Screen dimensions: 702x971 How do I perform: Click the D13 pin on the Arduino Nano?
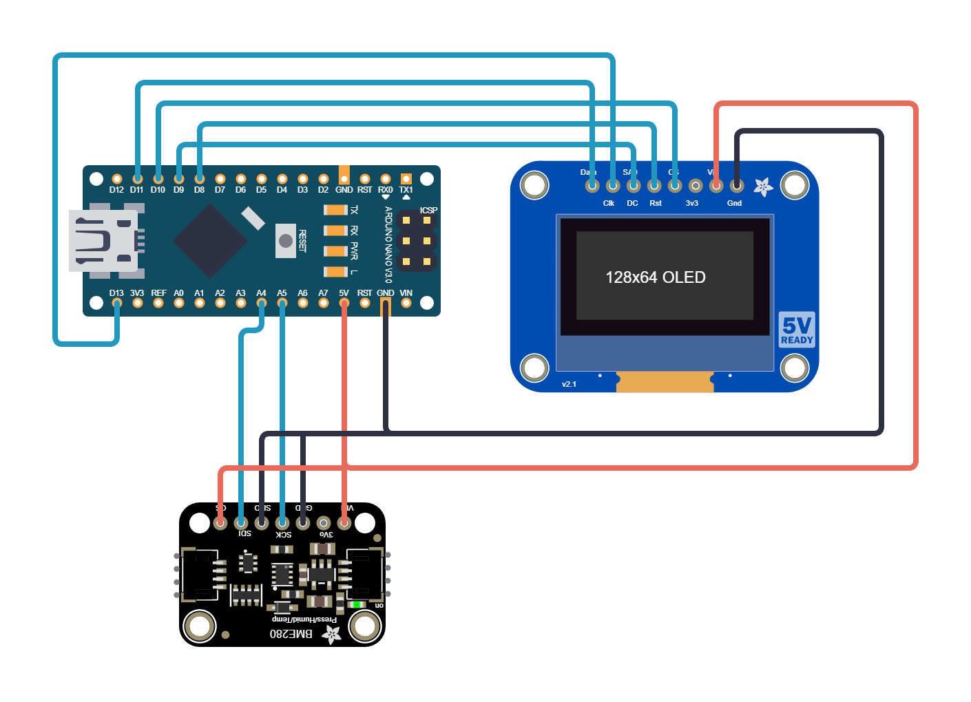116,303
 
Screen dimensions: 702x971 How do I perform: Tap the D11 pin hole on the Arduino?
137,179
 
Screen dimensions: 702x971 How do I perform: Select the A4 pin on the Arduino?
261,303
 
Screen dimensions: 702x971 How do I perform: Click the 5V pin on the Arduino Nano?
344,303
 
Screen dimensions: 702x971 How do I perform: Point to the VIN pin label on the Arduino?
406,293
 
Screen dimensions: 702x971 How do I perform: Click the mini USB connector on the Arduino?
103,241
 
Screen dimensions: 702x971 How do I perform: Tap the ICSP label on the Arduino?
428,211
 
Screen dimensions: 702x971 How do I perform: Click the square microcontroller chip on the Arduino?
209,241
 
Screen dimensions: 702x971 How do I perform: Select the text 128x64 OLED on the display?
655,277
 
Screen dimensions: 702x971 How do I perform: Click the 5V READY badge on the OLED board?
797,330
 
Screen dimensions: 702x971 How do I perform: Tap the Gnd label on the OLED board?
734,203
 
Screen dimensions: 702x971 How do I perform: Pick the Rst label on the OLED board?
655,203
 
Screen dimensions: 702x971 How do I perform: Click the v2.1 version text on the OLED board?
569,384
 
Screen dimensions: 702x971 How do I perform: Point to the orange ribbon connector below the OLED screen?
665,382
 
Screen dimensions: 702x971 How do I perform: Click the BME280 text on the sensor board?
291,634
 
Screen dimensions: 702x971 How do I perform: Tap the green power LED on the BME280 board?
357,605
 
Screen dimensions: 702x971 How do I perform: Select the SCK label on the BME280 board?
283,535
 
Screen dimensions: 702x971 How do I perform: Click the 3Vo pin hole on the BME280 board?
323,523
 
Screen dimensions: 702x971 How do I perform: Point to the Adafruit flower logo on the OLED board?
762,187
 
